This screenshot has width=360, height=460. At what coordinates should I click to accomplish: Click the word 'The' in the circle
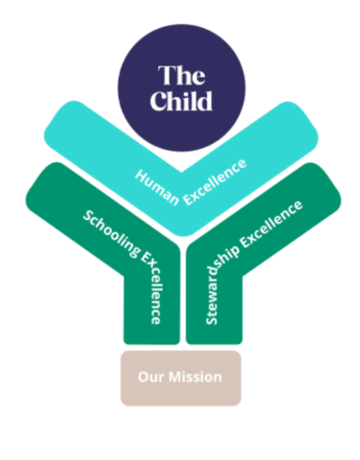click(x=182, y=75)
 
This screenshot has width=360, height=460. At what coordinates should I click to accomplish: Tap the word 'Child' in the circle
click(x=182, y=101)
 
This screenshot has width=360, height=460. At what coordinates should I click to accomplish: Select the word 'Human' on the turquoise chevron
click(x=157, y=188)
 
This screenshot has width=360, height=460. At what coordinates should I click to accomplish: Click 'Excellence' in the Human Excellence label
click(x=215, y=182)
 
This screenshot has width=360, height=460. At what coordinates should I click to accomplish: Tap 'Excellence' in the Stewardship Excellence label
click(x=271, y=224)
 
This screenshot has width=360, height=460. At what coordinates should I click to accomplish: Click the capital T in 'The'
click(x=166, y=75)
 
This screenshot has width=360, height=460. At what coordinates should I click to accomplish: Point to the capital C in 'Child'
click(x=159, y=101)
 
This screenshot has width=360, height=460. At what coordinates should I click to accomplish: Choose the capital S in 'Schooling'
click(x=87, y=216)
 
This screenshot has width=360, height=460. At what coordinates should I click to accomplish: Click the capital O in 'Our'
click(x=143, y=378)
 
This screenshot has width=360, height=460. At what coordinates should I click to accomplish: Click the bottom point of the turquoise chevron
click(x=183, y=236)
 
